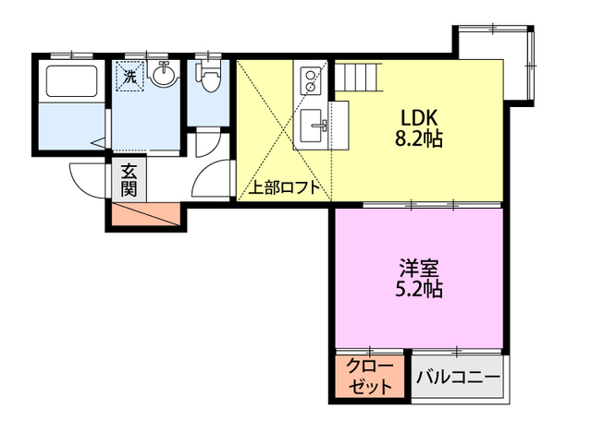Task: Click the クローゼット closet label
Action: [x=370, y=376]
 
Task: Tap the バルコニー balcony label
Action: [x=457, y=377]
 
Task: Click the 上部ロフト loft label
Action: [x=284, y=187]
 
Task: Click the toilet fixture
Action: [x=209, y=78]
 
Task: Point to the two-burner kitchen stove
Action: [x=308, y=80]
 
